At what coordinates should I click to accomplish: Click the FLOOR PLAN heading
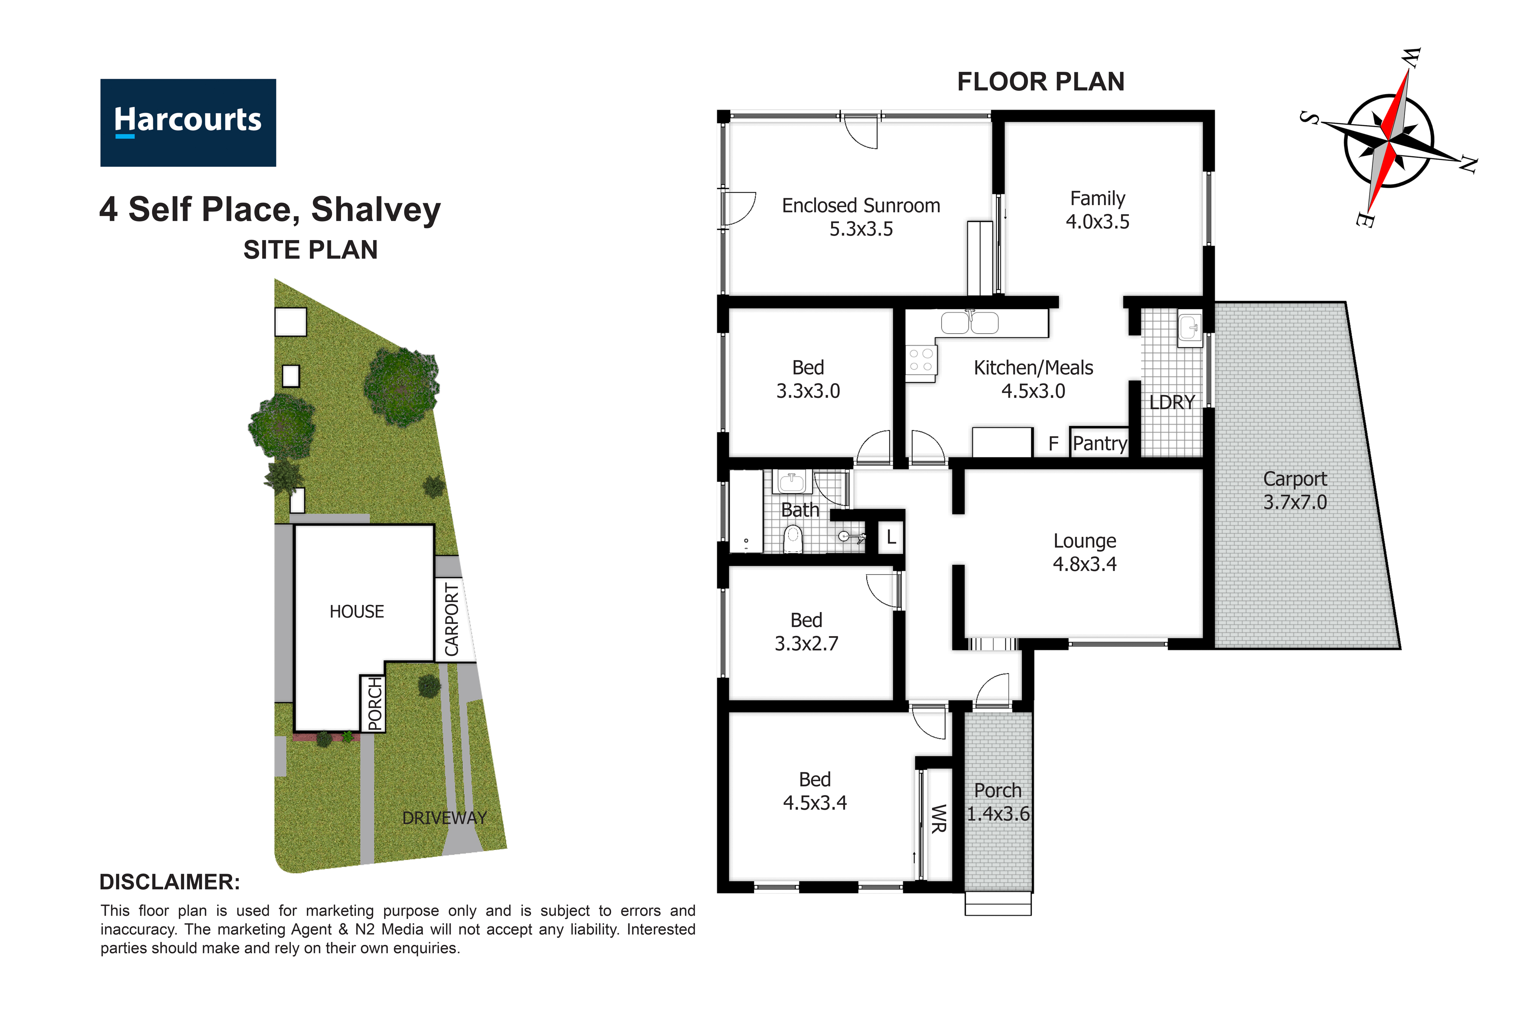1040,82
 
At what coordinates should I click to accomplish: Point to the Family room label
1098,210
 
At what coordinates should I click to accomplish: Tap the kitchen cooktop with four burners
921,361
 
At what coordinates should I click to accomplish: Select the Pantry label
1100,443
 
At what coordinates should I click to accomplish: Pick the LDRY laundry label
1172,403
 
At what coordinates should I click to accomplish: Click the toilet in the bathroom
793,539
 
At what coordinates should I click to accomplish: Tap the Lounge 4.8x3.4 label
1085,553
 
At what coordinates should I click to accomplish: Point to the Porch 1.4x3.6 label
998,802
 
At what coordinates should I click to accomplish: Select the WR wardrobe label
939,819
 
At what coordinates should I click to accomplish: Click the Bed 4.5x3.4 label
815,791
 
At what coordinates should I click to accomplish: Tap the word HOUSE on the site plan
357,611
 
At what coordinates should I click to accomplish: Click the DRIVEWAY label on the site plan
444,818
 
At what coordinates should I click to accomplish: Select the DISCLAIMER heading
170,882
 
